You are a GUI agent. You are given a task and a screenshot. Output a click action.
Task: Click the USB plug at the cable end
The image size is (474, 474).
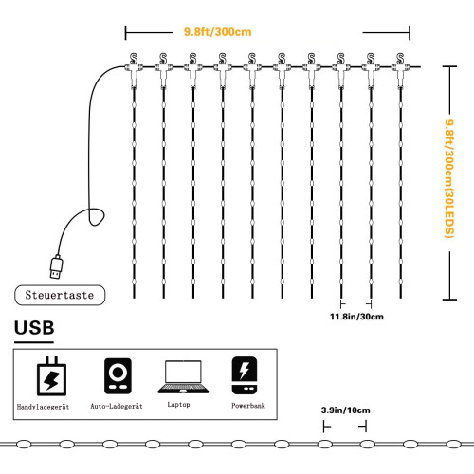click(57, 267)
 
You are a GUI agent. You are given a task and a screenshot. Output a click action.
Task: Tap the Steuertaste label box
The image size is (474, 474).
click(60, 295)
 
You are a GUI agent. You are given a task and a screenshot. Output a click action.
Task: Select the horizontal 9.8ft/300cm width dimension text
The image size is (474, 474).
click(218, 32)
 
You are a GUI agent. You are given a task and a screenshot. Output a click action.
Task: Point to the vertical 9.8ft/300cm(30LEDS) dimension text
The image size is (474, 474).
click(449, 178)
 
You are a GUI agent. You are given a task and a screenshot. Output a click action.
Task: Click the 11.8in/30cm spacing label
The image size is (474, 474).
click(356, 317)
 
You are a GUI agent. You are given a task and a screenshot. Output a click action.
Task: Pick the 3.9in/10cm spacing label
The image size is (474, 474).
click(346, 410)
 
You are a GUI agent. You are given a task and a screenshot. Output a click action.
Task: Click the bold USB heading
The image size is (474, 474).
click(34, 328)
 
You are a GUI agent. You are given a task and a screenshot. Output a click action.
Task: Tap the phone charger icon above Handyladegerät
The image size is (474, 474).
click(51, 376)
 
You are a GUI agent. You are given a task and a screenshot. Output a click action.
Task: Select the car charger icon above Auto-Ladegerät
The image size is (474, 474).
click(118, 375)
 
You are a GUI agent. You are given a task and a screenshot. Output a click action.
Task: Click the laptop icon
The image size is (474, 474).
click(183, 376)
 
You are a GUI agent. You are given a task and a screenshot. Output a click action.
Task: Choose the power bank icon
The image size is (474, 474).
click(245, 375)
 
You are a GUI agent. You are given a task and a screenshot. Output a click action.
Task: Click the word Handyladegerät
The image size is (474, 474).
click(43, 407)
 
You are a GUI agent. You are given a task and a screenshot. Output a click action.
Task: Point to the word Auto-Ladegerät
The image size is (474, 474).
click(117, 406)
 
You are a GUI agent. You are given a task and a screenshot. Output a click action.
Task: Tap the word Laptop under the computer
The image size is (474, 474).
click(178, 405)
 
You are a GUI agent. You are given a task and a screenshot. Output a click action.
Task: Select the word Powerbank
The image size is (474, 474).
click(248, 406)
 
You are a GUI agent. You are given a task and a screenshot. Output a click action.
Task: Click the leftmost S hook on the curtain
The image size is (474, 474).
click(134, 59)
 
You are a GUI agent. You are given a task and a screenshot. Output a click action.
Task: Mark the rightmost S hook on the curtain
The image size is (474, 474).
click(400, 59)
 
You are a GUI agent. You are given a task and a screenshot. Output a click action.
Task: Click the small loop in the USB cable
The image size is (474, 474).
click(96, 217)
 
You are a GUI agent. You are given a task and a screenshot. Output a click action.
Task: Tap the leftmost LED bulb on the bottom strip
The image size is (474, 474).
click(24, 445)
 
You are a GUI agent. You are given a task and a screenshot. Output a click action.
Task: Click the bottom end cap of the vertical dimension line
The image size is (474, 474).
click(449, 300)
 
